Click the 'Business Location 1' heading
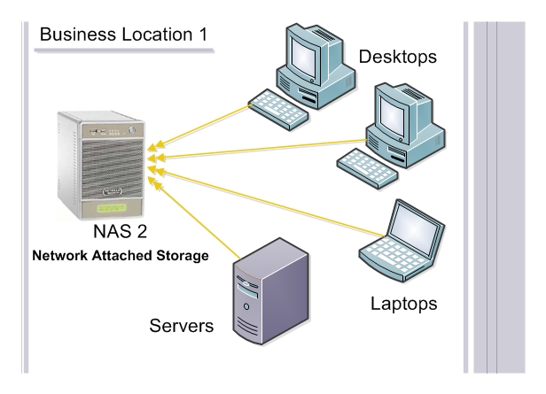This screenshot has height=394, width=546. pyautogui.click(x=123, y=35)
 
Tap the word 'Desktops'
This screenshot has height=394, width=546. pyautogui.click(x=398, y=57)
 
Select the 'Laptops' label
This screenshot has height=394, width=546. pyautogui.click(x=403, y=304)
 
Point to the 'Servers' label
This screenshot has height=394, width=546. pyautogui.click(x=182, y=326)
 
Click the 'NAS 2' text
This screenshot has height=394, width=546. pyautogui.click(x=121, y=231)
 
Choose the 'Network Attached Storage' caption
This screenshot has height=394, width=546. pyautogui.click(x=121, y=256)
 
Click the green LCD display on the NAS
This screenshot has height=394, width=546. pyautogui.click(x=112, y=208)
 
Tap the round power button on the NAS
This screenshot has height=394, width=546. pyautogui.click(x=131, y=130)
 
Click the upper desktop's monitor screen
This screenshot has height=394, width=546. pyautogui.click(x=303, y=58)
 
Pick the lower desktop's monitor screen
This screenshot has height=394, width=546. pyautogui.click(x=393, y=116)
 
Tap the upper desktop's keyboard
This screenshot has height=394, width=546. pyautogui.click(x=278, y=109)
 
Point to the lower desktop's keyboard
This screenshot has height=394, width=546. pyautogui.click(x=367, y=168)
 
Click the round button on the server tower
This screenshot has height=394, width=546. pyautogui.click(x=246, y=306)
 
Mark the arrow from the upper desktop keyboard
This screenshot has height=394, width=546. pyautogui.click(x=199, y=127)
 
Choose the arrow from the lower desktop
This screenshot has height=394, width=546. pyautogui.click(x=257, y=150)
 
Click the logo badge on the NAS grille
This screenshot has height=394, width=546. pyautogui.click(x=113, y=191)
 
